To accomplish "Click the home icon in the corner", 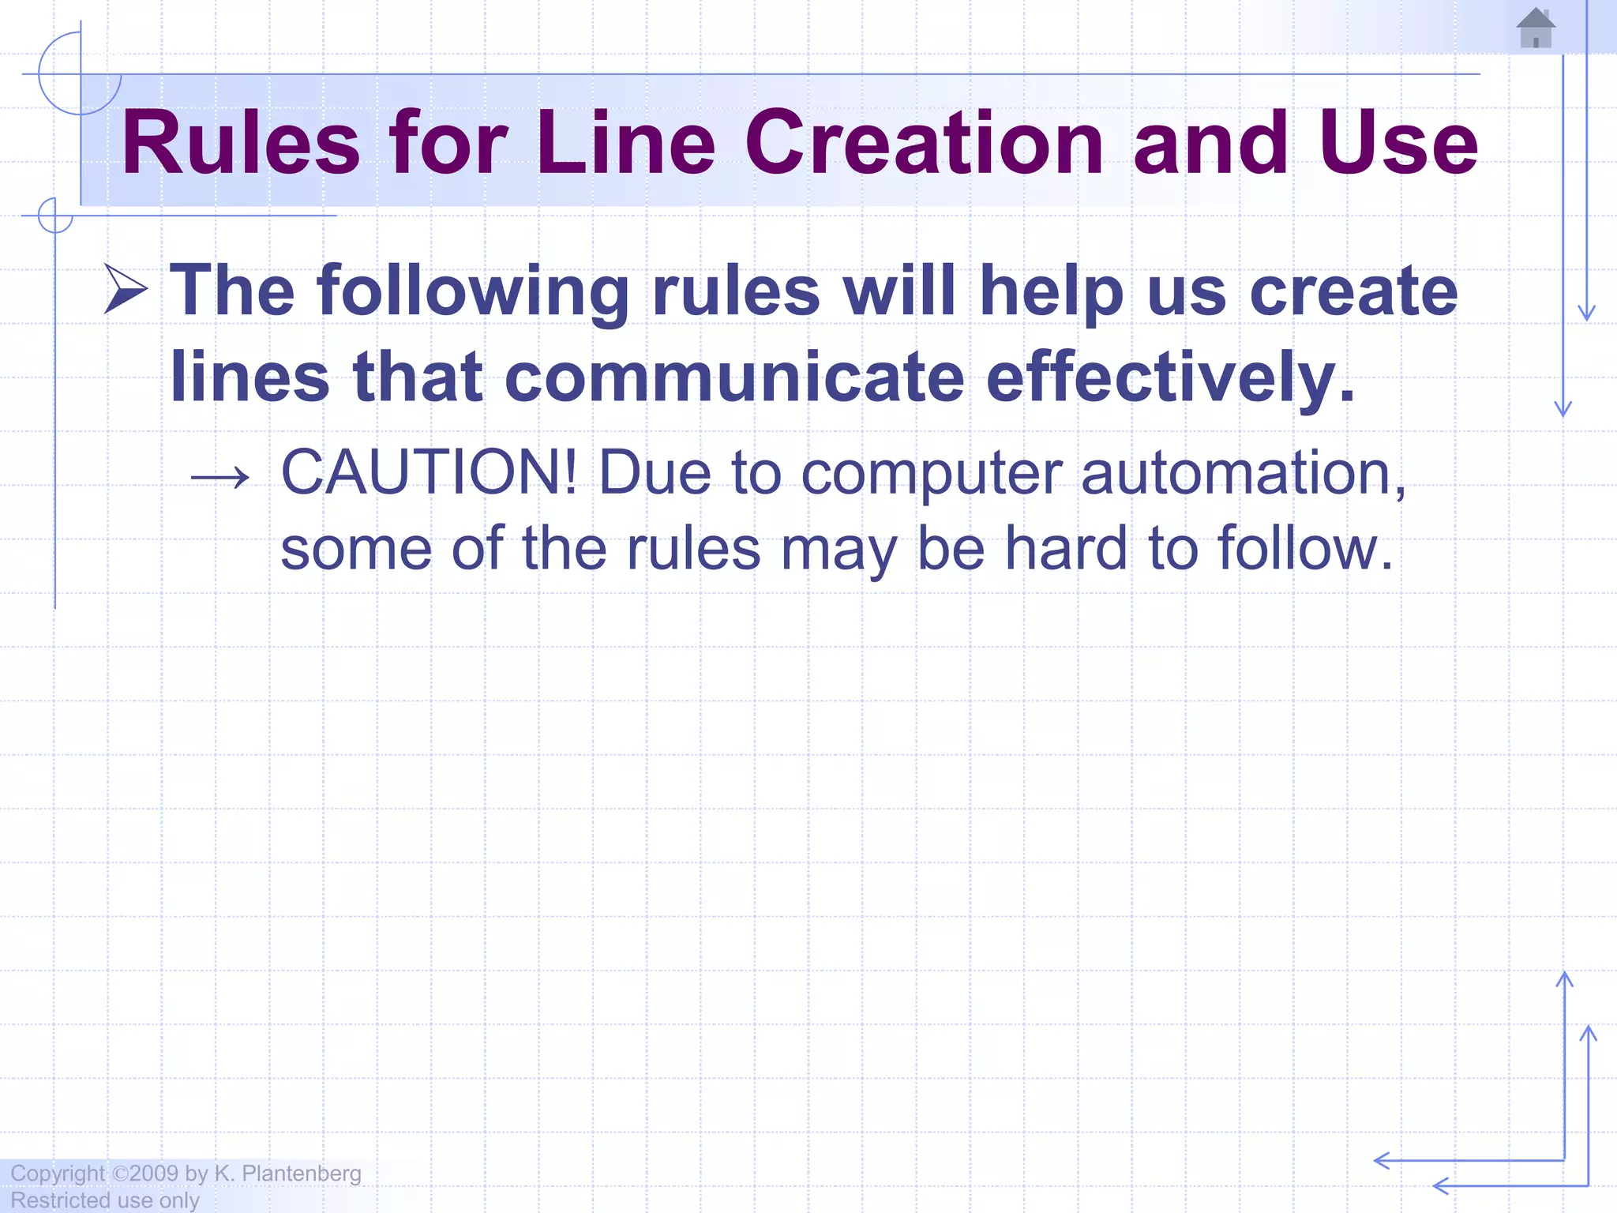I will (x=1536, y=28).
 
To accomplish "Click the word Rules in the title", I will (x=241, y=143).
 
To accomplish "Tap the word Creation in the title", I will (x=924, y=143).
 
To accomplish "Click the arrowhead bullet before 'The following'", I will (x=126, y=290).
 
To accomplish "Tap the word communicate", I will (x=734, y=377).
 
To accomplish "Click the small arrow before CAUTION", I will (x=220, y=476).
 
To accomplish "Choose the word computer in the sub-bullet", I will (x=932, y=475).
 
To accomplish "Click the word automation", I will (x=1243, y=473).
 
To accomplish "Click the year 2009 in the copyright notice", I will (x=155, y=1174).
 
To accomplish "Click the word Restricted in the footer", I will (x=60, y=1200).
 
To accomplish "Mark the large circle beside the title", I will (x=80, y=73).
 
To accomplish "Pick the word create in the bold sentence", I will (x=1353, y=291).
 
